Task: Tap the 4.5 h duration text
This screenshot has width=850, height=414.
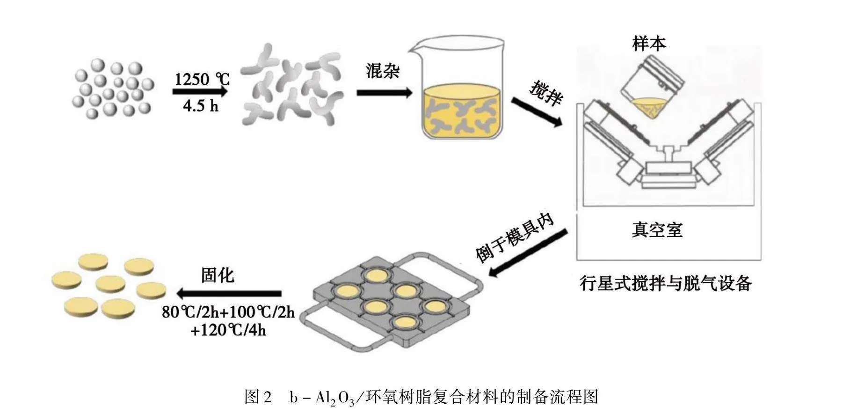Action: click(201, 106)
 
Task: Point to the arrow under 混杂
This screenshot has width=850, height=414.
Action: click(384, 93)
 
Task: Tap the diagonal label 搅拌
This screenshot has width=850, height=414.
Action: click(546, 93)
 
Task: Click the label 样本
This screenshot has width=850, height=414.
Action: click(648, 44)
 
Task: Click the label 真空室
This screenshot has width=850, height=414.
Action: click(657, 229)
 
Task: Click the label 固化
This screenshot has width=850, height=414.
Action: click(218, 275)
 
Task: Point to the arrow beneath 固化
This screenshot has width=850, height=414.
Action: click(229, 294)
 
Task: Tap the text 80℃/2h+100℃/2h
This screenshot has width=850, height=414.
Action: click(228, 311)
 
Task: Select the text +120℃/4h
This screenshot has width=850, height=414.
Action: click(228, 330)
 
